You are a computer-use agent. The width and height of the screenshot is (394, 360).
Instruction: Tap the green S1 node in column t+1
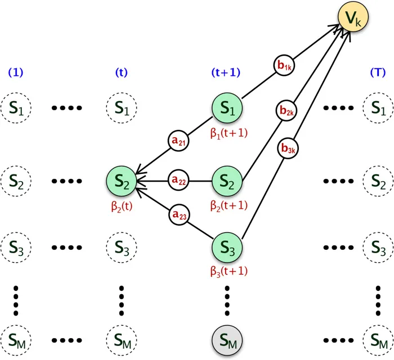227,109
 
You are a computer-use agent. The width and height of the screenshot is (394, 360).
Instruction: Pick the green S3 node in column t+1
227,248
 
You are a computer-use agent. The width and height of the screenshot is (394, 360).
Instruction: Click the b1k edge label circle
284,65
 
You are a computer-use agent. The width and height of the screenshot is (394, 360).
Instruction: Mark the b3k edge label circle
287,150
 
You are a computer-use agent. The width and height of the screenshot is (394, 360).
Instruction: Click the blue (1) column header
15,72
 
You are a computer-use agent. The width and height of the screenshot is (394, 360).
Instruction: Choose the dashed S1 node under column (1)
16,107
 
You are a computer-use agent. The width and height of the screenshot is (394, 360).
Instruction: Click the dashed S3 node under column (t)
122,248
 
